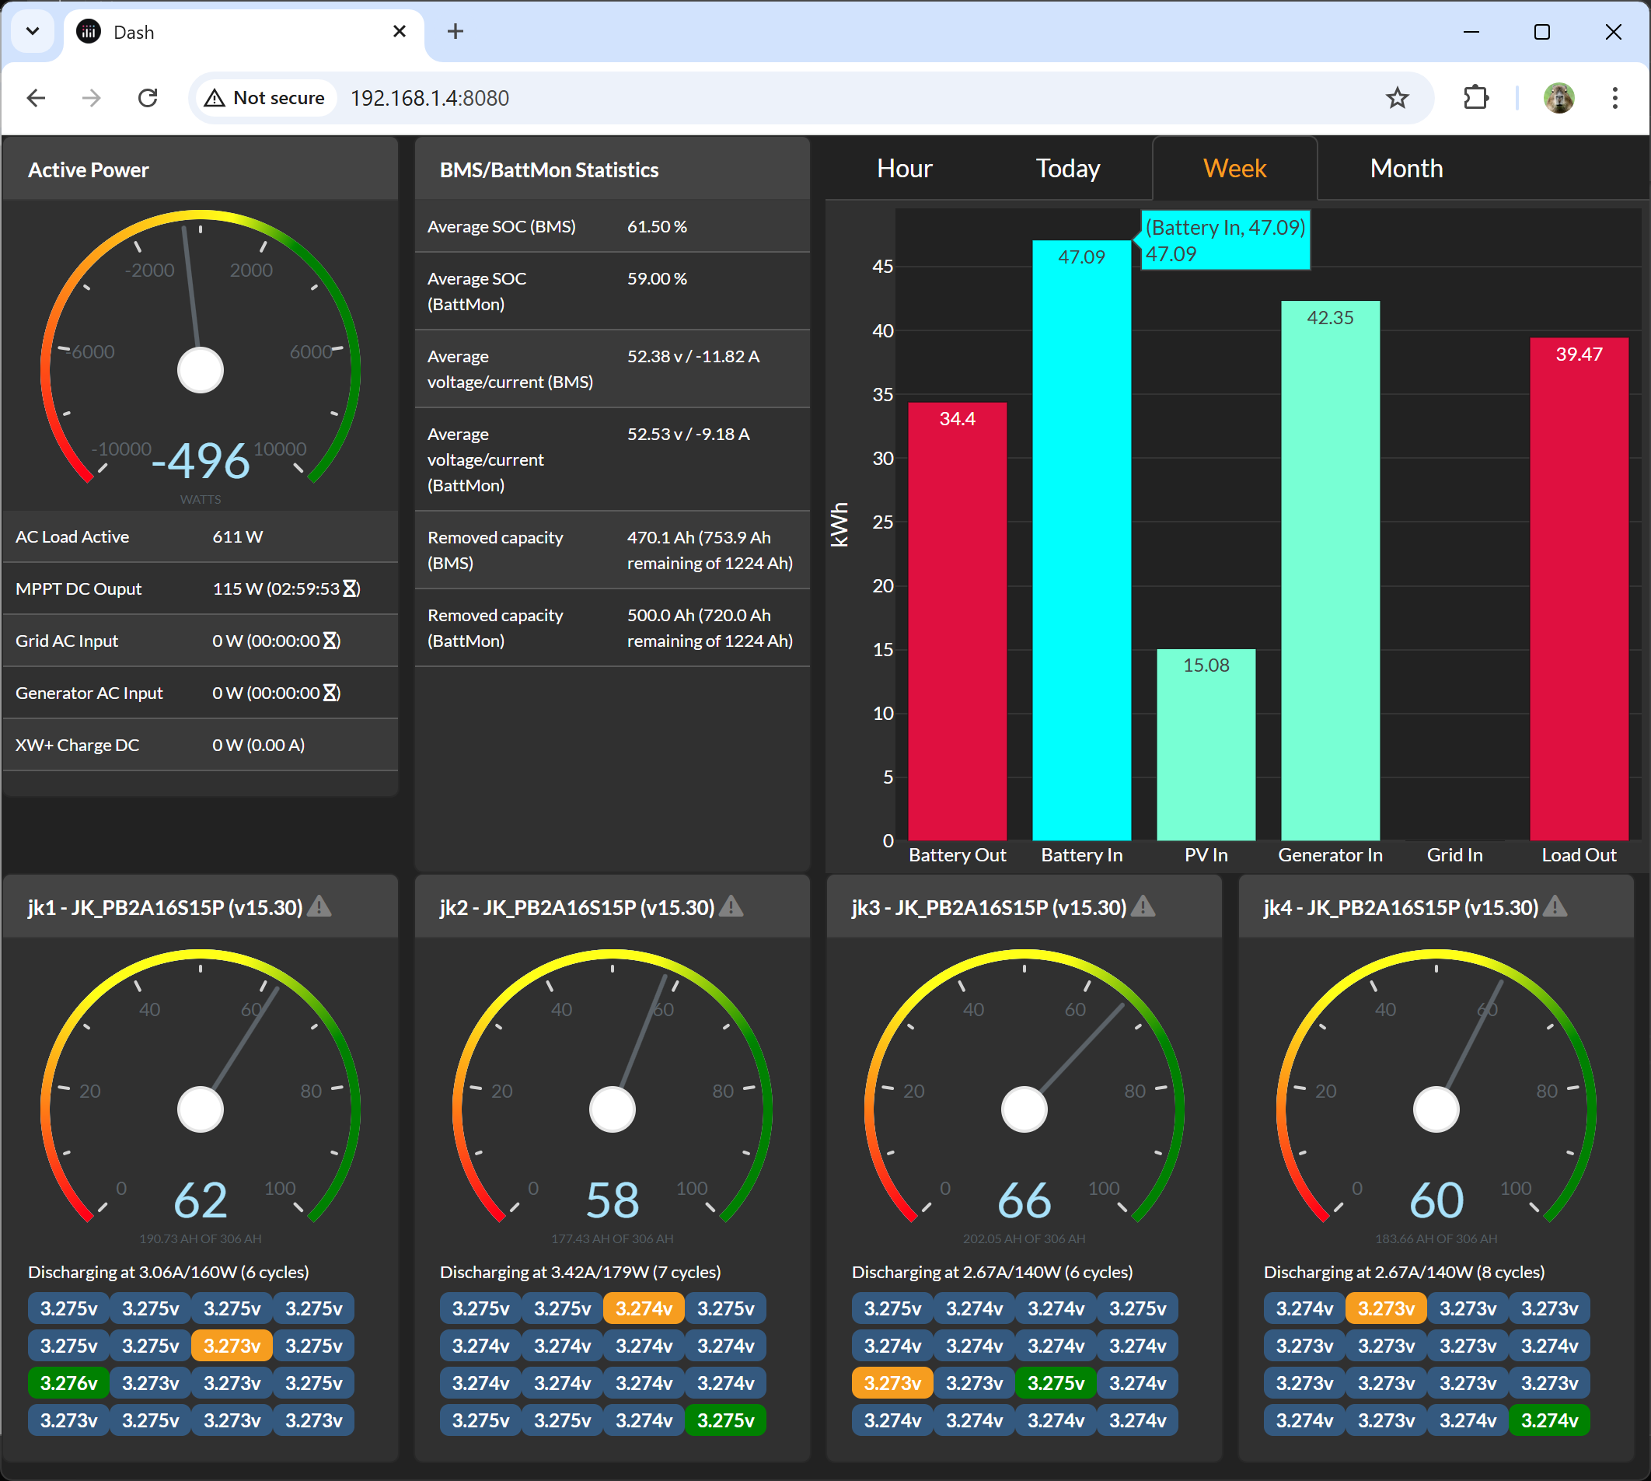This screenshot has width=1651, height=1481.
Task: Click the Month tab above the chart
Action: [x=1405, y=169]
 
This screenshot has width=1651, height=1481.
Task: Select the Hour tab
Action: [x=904, y=169]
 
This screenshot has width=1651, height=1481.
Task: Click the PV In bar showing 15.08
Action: [x=1205, y=745]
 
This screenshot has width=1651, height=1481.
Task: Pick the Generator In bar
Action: [x=1330, y=570]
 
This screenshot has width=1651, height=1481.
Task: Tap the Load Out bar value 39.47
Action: [x=1578, y=354]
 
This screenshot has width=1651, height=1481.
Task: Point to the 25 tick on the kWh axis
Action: [x=883, y=522]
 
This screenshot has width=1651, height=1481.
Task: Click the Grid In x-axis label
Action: [x=1454, y=854]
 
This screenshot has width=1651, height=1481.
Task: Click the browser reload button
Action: [x=147, y=98]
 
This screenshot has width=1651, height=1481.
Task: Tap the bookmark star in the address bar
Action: [x=1396, y=98]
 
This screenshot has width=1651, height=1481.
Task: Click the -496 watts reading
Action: [x=201, y=460]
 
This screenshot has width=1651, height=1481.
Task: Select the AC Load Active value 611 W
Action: [x=238, y=536]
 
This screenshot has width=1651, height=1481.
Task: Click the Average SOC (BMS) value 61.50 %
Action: [x=657, y=226]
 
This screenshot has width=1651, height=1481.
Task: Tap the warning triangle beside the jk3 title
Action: [x=1143, y=906]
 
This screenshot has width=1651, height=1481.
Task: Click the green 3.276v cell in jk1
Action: [x=69, y=1382]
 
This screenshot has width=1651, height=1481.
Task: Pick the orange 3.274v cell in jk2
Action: [x=644, y=1308]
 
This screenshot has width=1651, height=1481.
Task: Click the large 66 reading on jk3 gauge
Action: [x=1024, y=1200]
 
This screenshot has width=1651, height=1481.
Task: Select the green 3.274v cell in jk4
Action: [x=1548, y=1420]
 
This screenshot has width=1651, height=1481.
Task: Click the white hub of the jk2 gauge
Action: [x=612, y=1109]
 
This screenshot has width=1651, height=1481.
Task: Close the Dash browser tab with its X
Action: [x=399, y=31]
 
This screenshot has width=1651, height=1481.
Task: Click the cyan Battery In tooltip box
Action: [x=1224, y=240]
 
